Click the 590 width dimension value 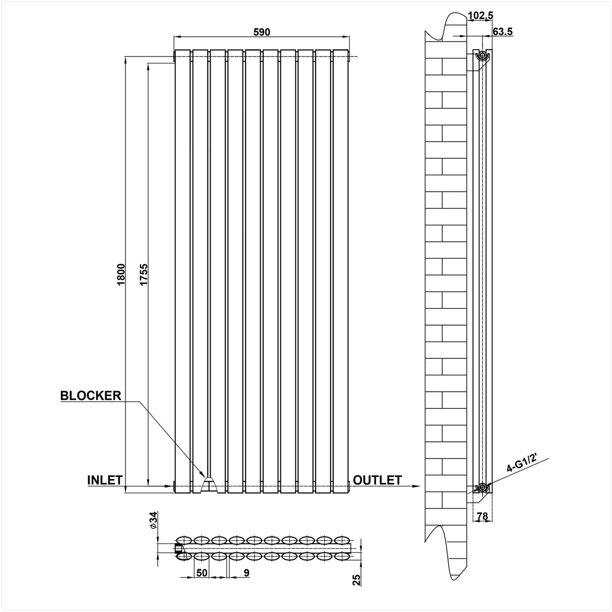[x=262, y=32]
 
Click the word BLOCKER [x=91, y=395]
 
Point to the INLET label [x=105, y=480]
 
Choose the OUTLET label [x=377, y=480]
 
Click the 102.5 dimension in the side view [x=480, y=16]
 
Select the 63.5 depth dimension [x=503, y=32]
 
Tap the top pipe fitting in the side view [x=482, y=55]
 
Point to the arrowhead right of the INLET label [x=169, y=486]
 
